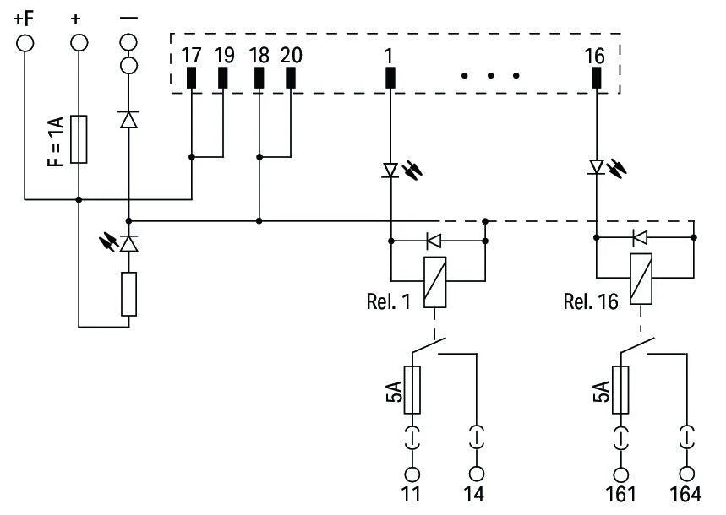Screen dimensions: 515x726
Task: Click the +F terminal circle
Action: click(25, 42)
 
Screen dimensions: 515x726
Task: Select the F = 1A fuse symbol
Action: click(79, 138)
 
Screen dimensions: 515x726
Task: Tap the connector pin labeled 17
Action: click(192, 78)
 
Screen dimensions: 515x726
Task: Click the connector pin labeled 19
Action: click(223, 78)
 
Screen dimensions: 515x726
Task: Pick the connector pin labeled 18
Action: click(259, 78)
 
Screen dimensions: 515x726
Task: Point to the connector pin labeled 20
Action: click(291, 78)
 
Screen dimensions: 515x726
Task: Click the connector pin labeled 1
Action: click(390, 78)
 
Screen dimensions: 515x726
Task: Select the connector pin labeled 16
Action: click(596, 78)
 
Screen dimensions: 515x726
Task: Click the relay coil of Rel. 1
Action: click(435, 280)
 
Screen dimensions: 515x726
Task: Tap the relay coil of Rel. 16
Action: click(640, 280)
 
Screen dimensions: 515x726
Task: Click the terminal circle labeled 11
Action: click(412, 474)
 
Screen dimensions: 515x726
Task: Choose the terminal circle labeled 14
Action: click(478, 474)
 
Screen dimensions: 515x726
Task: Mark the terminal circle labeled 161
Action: click(622, 474)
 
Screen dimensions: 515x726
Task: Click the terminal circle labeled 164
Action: click(687, 474)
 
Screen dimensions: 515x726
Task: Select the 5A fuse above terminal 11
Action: click(412, 390)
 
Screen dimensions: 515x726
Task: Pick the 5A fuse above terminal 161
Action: click(622, 390)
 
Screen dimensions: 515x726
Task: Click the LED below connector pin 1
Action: click(390, 171)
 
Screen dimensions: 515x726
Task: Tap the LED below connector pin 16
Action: click(596, 169)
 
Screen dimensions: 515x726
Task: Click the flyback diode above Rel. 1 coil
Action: click(435, 241)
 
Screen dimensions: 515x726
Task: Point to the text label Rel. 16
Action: click(590, 301)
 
